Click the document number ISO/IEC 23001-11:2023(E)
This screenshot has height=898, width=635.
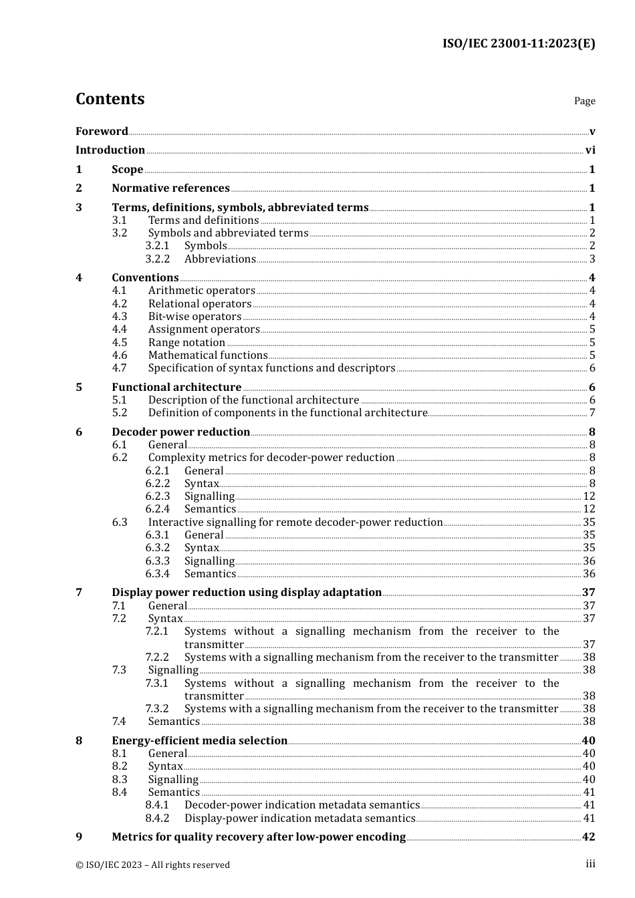(518, 43)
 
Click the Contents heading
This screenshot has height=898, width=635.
(110, 99)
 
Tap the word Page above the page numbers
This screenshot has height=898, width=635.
(584, 101)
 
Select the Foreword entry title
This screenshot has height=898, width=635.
(102, 131)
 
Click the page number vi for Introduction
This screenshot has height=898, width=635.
(590, 150)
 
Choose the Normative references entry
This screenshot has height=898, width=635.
(170, 188)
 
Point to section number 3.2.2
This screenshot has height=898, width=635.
(158, 259)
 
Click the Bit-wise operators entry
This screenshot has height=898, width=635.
(195, 317)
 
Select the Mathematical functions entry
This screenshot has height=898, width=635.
(208, 355)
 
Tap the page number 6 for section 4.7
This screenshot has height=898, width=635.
(592, 368)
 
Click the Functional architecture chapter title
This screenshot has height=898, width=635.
(176, 388)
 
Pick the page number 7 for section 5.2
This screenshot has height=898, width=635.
(592, 413)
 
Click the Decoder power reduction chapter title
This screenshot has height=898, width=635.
(180, 432)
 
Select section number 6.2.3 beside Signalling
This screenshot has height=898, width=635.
(158, 496)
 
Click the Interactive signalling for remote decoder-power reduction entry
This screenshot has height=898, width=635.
(295, 522)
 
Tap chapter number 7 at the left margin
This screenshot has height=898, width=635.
(79, 593)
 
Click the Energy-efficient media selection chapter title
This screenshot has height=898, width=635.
(199, 741)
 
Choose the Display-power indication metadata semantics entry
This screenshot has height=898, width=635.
(300, 818)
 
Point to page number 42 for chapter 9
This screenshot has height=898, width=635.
(588, 837)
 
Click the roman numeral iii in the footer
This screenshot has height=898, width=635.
(590, 864)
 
